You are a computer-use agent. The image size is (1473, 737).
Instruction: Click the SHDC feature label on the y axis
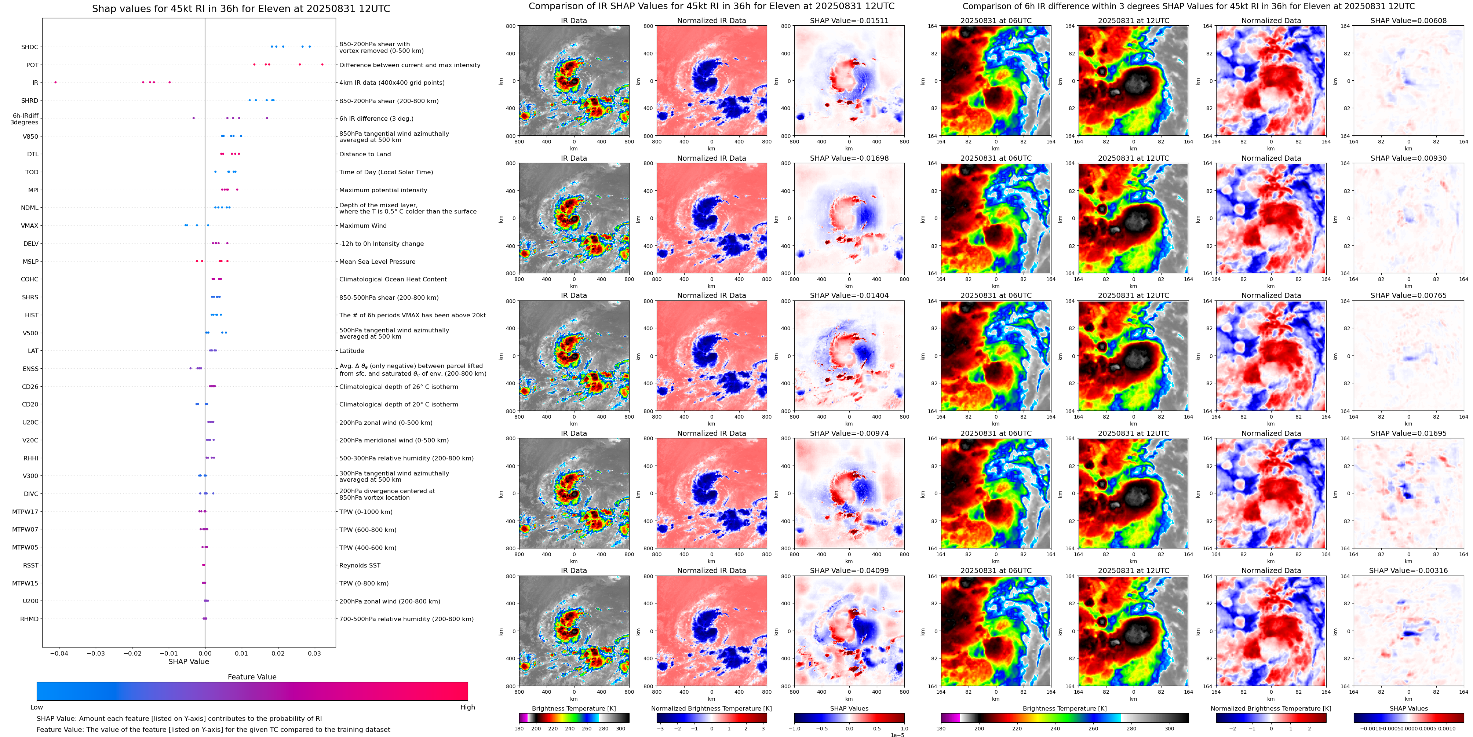(30, 47)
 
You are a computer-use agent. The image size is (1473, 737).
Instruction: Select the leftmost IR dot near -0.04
(55, 82)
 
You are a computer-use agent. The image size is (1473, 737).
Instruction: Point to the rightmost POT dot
(322, 65)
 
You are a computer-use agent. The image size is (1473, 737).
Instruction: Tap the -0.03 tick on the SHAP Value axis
(95, 653)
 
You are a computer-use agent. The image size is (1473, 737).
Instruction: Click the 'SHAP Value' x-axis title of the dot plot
(188, 661)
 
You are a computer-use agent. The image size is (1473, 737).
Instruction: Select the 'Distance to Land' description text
(365, 154)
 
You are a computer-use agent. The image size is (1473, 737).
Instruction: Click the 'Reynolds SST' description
(360, 565)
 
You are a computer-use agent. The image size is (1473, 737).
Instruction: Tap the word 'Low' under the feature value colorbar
(37, 707)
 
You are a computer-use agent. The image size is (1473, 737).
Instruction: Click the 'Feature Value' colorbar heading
(252, 677)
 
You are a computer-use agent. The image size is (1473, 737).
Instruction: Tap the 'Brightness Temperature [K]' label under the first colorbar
(573, 708)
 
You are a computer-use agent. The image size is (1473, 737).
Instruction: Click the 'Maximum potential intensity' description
(383, 190)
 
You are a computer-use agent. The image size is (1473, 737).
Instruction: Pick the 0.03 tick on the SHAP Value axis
(314, 653)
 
